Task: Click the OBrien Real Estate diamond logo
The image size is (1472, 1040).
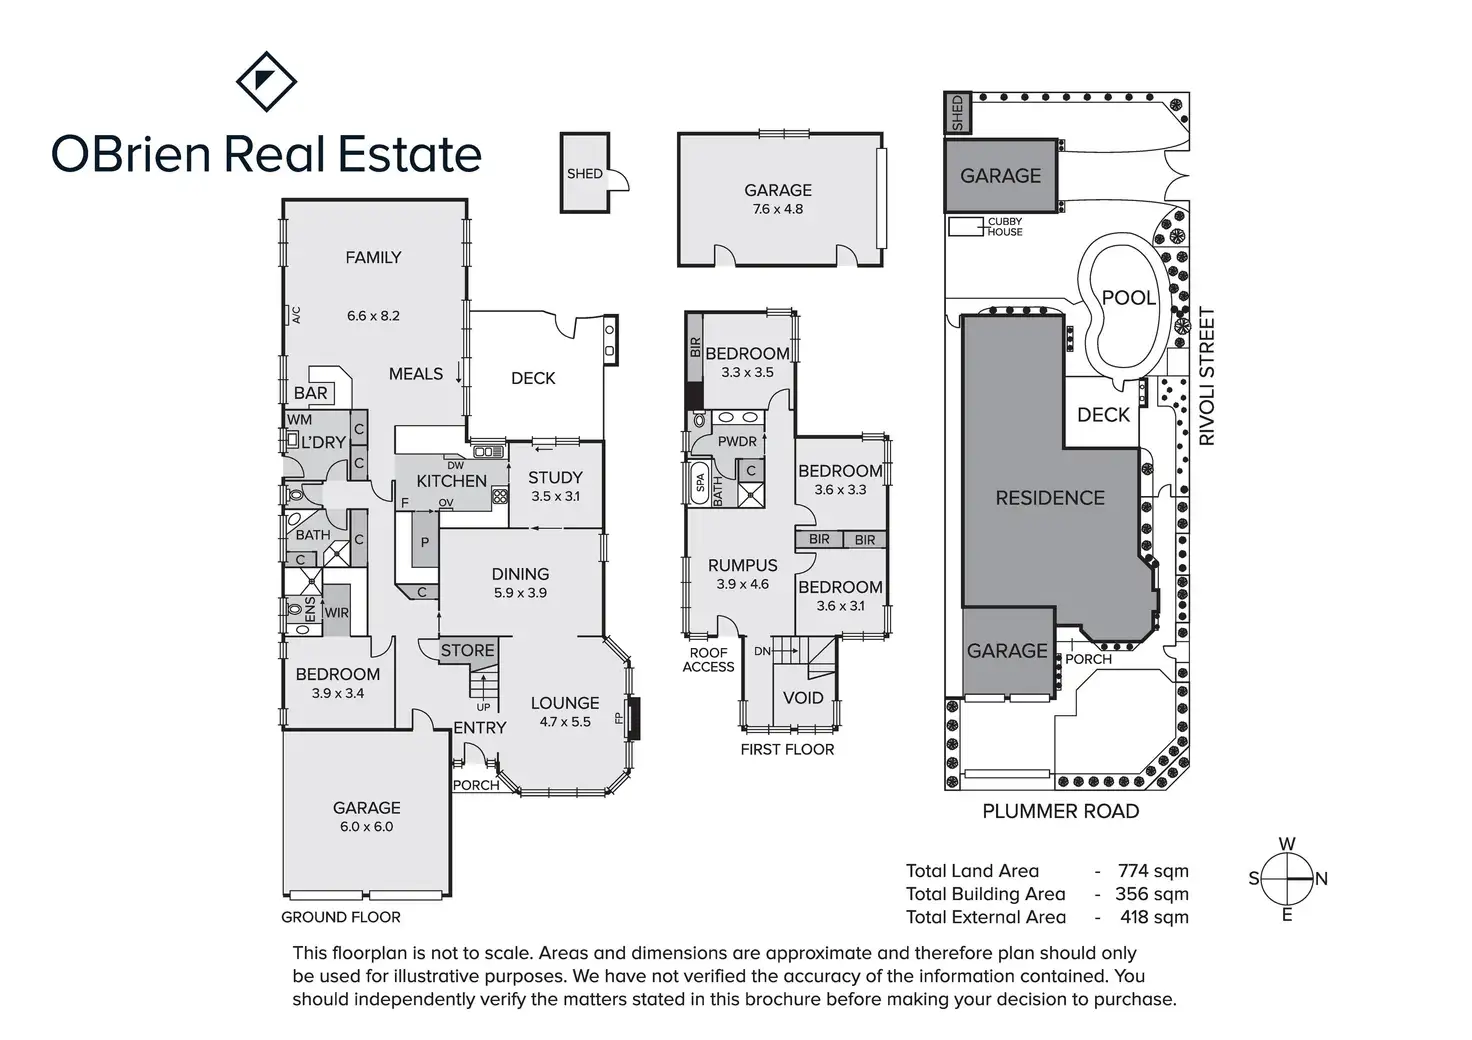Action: [x=266, y=81]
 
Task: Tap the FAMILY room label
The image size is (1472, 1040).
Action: [x=373, y=257]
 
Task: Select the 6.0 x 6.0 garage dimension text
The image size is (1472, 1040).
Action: [x=367, y=827]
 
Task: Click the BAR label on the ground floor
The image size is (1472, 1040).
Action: [x=311, y=393]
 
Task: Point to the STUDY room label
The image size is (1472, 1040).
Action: [x=555, y=478]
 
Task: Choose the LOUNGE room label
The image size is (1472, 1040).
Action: [x=565, y=703]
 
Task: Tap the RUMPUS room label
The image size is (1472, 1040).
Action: [x=742, y=566]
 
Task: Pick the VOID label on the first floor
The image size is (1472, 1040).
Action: [x=803, y=698]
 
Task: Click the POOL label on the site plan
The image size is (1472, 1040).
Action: [x=1128, y=297]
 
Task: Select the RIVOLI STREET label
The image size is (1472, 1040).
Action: [x=1207, y=376]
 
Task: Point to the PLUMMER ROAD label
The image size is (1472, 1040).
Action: [x=1060, y=811]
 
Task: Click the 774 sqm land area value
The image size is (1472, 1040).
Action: [x=1153, y=871]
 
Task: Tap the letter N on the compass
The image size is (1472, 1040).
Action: [x=1321, y=879]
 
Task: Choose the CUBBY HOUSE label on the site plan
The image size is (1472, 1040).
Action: [x=1005, y=227]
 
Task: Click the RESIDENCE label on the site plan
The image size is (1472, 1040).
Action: [x=1050, y=498]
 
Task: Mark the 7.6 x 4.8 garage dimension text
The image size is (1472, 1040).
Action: [x=778, y=209]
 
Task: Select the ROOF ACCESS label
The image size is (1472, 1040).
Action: [x=708, y=660]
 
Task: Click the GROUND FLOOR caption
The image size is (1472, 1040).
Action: [x=341, y=917]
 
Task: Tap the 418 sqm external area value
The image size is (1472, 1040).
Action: [x=1152, y=917]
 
